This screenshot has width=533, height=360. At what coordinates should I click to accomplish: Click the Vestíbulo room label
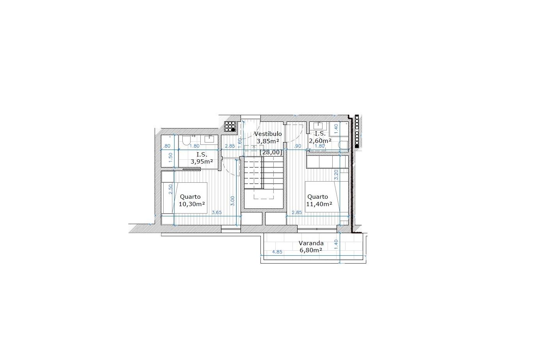(268, 134)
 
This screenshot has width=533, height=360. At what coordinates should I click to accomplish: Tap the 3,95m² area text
(201, 162)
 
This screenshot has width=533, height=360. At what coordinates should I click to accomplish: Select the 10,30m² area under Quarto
(192, 204)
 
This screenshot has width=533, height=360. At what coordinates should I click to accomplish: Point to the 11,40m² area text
(319, 204)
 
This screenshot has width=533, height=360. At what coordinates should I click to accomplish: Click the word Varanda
(311, 243)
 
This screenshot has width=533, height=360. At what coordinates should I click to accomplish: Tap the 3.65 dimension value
(217, 212)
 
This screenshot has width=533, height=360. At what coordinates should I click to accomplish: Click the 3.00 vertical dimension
(233, 201)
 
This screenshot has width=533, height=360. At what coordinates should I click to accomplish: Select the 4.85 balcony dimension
(277, 251)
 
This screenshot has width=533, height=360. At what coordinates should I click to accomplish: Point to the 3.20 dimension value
(336, 175)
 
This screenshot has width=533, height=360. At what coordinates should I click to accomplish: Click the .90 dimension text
(298, 146)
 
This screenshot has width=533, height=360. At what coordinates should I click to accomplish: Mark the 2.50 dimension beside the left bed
(170, 189)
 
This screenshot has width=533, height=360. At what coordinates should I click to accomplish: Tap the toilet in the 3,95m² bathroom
(186, 140)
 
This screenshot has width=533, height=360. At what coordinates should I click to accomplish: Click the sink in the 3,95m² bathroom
(209, 140)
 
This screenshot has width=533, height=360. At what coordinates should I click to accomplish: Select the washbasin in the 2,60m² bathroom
(318, 125)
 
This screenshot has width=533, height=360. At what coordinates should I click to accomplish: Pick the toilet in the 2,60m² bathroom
(343, 145)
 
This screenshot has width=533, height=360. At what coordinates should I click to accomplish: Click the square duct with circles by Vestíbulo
(230, 127)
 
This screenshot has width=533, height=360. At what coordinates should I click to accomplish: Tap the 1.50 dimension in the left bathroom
(170, 158)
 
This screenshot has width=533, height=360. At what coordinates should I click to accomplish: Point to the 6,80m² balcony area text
(311, 250)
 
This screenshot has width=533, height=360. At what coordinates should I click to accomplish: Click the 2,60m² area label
(320, 141)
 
